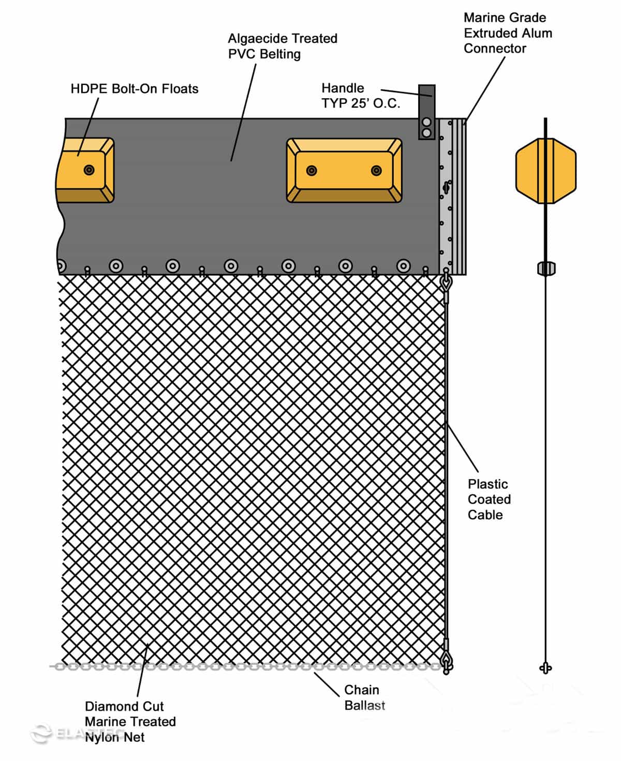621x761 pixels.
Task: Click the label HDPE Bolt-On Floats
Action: point(135,89)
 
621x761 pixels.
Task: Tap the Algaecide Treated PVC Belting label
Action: point(283,46)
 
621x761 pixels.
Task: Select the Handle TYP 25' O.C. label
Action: point(361,96)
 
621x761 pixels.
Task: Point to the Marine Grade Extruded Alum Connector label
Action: point(508,33)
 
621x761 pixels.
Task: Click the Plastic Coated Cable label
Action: point(489,499)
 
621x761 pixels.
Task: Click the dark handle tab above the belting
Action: point(426,112)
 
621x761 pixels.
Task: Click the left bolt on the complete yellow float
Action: point(312,170)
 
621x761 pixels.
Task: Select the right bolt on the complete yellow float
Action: point(376,170)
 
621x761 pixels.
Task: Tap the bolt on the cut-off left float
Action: point(89,170)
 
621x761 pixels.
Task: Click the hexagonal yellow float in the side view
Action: point(545,171)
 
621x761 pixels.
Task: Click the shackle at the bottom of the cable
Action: point(447,663)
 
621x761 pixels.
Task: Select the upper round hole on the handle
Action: point(426,122)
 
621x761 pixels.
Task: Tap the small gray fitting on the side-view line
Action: point(546,268)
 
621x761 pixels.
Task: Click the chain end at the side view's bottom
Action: point(545,668)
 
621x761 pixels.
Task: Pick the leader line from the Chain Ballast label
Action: point(327,684)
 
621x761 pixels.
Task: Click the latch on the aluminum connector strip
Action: point(447,187)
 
